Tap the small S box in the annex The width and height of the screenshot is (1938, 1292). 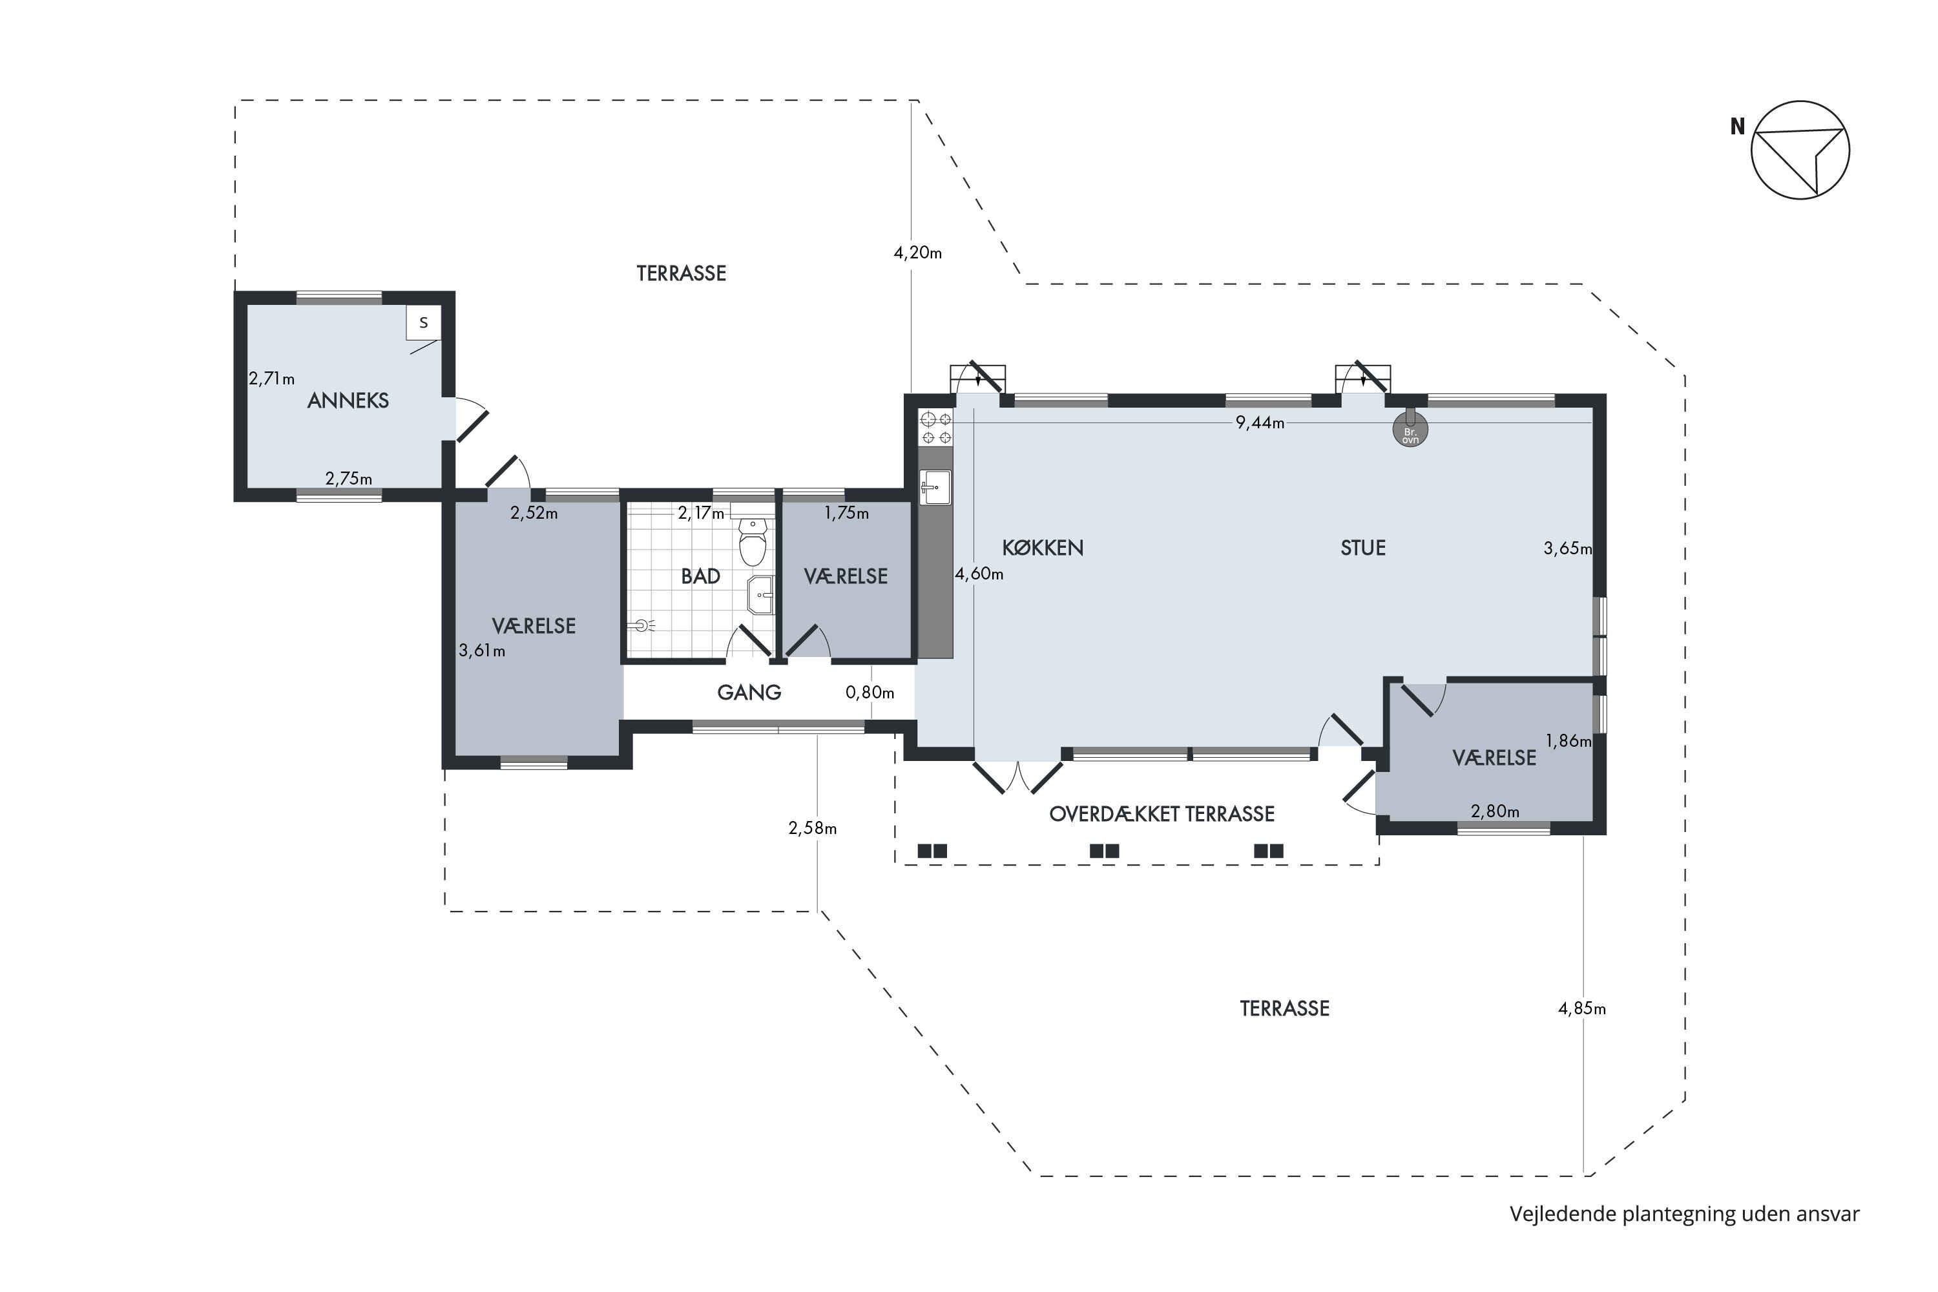point(424,322)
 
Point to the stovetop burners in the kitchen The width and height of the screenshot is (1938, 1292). point(936,428)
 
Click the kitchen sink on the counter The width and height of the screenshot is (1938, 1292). point(935,487)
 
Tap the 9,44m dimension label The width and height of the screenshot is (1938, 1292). point(1260,422)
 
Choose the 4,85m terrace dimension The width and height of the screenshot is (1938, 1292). point(1582,1008)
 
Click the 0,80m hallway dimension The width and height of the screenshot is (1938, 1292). point(870,693)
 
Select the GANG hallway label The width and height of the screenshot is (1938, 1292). point(749,692)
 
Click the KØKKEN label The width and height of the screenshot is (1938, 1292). point(1043,548)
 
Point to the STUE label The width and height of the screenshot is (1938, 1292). point(1363,548)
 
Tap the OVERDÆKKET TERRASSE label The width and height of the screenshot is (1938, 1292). point(1162,814)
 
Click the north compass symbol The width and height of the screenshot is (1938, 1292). point(1800,150)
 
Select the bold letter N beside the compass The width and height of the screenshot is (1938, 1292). point(1738,127)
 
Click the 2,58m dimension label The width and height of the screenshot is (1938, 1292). point(813,828)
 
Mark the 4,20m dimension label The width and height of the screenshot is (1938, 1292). point(918,253)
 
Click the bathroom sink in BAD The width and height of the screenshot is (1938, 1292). point(760,595)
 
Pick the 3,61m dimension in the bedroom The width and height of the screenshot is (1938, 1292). point(482,651)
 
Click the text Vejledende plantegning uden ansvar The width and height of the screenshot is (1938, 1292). point(1684,1214)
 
